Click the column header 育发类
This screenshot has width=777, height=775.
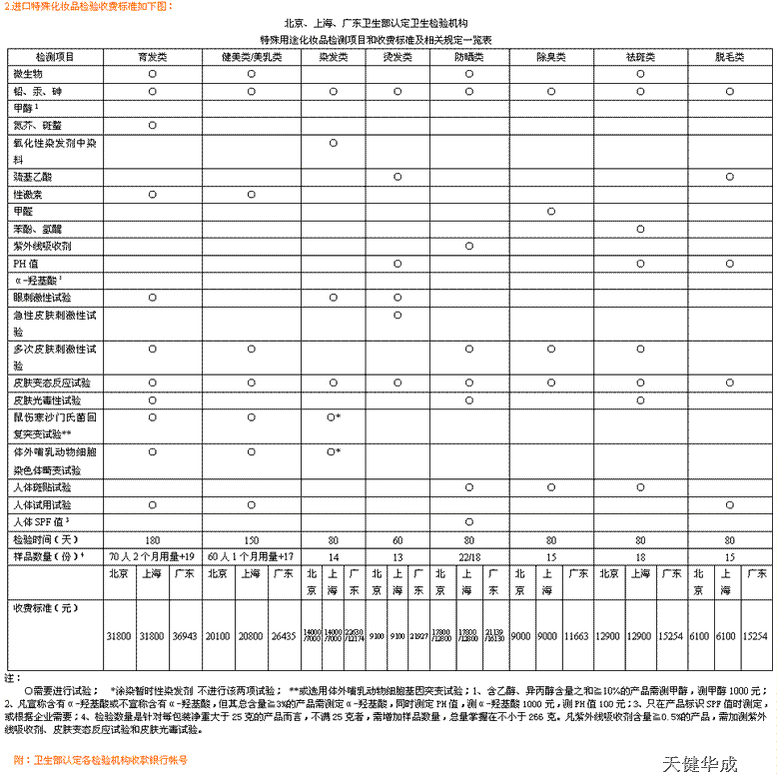coord(152,57)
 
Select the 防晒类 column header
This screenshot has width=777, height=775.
coord(468,57)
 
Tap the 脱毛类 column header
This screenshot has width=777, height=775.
coord(730,57)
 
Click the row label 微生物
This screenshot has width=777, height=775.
coord(29,74)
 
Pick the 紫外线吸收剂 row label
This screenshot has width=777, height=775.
coord(42,246)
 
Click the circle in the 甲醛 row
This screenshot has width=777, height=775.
coord(551,212)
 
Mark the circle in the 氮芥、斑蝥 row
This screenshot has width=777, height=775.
coord(153,126)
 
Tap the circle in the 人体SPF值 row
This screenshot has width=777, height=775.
coord(468,521)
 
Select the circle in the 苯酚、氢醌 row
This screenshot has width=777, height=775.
coord(641,229)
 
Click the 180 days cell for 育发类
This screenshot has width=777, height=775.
coord(153,539)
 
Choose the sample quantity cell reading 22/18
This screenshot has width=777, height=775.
coord(468,556)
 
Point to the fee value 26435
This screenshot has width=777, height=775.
coord(284,635)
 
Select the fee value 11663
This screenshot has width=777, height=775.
coord(576,635)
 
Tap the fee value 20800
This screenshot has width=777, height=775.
coord(252,635)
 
